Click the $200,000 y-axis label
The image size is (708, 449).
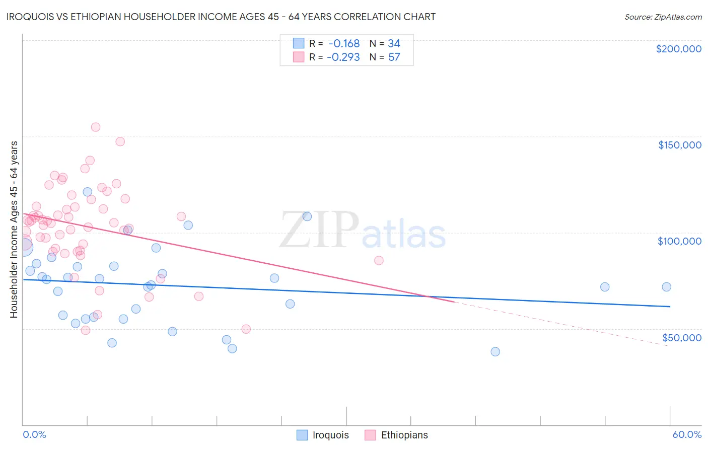pyautogui.click(x=678, y=49)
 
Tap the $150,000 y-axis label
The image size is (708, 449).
pyautogui.click(x=679, y=145)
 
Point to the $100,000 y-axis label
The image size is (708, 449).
pyautogui.click(x=679, y=241)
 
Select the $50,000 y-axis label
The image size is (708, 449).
pyautogui.click(x=681, y=338)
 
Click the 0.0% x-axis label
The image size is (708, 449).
pyautogui.click(x=34, y=434)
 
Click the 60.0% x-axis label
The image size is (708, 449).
pyautogui.click(x=687, y=434)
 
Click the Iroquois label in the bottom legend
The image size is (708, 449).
pyautogui.click(x=330, y=435)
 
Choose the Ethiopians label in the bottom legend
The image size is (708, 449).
pyautogui.click(x=404, y=435)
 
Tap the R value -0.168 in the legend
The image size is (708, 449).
pyautogui.click(x=344, y=44)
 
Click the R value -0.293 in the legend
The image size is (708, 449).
pyautogui.click(x=343, y=57)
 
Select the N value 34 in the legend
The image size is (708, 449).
pyautogui.click(x=394, y=44)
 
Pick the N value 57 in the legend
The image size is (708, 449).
pyautogui.click(x=394, y=57)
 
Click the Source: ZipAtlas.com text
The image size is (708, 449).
pyautogui.click(x=663, y=17)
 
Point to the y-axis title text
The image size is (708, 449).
pyautogui.click(x=14, y=230)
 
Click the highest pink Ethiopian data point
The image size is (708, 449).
pyautogui.click(x=96, y=127)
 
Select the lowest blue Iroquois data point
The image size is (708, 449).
pyautogui.click(x=495, y=352)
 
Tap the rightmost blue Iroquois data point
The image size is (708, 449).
pyautogui.click(x=666, y=287)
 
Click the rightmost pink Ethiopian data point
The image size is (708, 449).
pyautogui.click(x=379, y=261)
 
